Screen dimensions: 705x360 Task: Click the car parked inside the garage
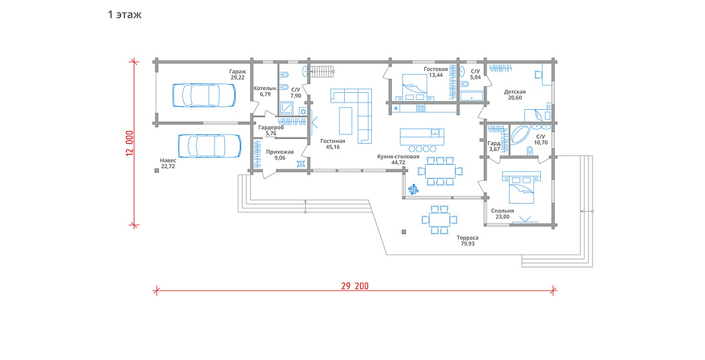pos(205,95)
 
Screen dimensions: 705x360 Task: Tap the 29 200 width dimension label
pos(355,286)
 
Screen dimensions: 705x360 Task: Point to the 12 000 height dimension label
pos(130,144)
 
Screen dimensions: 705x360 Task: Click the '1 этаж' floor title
pos(124,15)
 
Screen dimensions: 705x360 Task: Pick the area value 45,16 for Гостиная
pos(333,147)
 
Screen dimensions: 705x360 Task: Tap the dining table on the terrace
pos(440,220)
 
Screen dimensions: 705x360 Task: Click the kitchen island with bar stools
pos(422,140)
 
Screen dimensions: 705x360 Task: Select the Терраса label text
pos(467,238)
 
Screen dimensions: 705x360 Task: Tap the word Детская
pos(515,92)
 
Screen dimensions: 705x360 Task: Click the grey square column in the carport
pos(156,170)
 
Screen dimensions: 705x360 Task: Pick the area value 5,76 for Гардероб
pos(271,134)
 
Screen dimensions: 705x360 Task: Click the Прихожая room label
pos(279,152)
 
